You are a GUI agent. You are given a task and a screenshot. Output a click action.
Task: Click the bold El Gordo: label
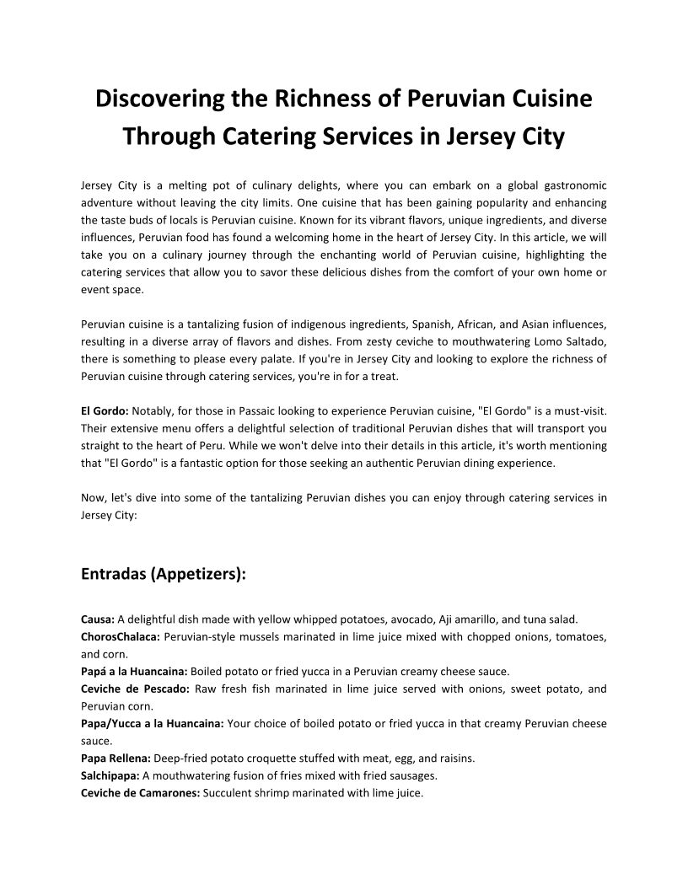pos(105,410)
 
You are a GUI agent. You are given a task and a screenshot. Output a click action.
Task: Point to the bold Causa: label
pos(97,619)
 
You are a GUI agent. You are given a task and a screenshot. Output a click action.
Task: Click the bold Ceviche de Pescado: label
pos(134,689)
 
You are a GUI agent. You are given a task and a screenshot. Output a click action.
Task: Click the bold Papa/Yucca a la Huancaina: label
pos(152,723)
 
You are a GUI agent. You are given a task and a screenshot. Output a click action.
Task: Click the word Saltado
pos(583,341)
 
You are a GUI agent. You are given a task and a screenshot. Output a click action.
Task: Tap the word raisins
pos(455,758)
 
